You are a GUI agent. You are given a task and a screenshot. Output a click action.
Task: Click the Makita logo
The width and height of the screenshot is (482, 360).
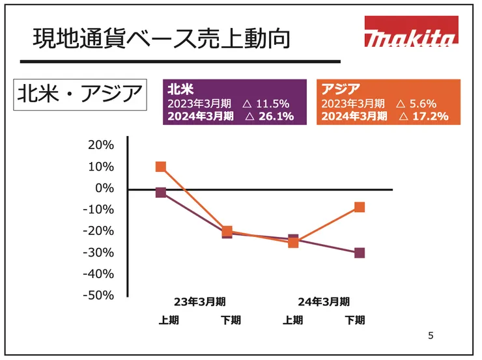[x=410, y=33]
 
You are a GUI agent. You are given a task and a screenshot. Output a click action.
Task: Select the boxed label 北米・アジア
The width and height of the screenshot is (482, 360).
[x=79, y=95]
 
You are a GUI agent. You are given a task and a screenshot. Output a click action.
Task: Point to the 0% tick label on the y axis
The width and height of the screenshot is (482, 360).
[x=104, y=188]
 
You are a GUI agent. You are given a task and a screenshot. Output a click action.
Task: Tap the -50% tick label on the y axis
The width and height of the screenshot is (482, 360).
[x=98, y=295]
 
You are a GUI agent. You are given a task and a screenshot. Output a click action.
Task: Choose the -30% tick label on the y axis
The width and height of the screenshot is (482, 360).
[x=98, y=252]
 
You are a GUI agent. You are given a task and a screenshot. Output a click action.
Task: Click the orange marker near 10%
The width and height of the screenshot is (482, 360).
[x=161, y=167]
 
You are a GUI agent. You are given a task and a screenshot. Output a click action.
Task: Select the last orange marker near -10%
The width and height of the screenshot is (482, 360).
[x=360, y=207]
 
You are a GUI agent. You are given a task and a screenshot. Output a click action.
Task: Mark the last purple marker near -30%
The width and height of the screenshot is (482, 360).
[x=360, y=253]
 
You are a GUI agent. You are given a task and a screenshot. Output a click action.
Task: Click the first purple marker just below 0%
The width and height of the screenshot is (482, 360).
[x=161, y=192]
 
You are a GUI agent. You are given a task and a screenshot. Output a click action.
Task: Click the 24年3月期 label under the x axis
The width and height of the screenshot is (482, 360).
[x=324, y=301]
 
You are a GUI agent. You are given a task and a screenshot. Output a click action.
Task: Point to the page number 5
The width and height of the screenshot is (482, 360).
[x=430, y=336]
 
